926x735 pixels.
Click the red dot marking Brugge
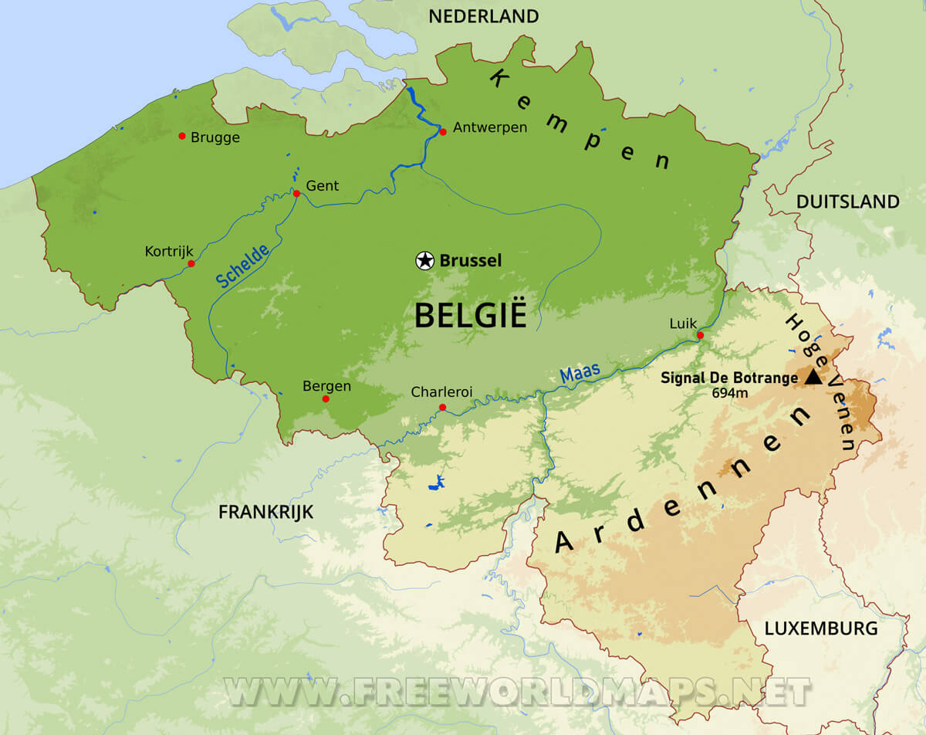182,136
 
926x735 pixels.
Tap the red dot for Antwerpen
443,132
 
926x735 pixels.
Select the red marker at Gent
296,193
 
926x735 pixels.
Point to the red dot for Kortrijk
191,263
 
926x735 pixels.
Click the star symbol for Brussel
424,260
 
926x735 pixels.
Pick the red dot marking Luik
700,335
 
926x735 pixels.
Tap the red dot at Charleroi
442,407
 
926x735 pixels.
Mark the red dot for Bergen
326,399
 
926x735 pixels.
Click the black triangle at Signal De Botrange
813,378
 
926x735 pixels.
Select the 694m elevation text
730,393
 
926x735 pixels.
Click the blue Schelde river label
243,266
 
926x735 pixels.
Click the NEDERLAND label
483,16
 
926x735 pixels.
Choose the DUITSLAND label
847,202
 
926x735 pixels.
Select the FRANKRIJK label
265,512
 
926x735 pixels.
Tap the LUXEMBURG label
821,628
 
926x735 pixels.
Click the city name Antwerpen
490,127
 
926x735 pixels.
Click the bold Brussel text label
471,261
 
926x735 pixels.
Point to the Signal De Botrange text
729,378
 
